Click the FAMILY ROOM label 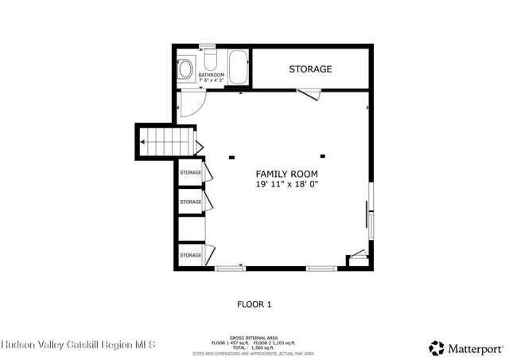pyautogui.click(x=286, y=174)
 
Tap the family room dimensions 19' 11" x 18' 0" pyautogui.click(x=286, y=184)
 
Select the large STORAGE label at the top pyautogui.click(x=310, y=69)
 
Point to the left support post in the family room pyautogui.click(x=231, y=156)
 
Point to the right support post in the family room pyautogui.click(x=323, y=156)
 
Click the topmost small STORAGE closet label pyautogui.click(x=190, y=173)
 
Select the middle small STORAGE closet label pyautogui.click(x=190, y=202)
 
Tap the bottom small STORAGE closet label pyautogui.click(x=190, y=255)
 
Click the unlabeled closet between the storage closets pyautogui.click(x=191, y=228)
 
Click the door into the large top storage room pyautogui.click(x=309, y=95)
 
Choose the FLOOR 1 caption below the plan pyautogui.click(x=254, y=304)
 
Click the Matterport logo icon pyautogui.click(x=437, y=347)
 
